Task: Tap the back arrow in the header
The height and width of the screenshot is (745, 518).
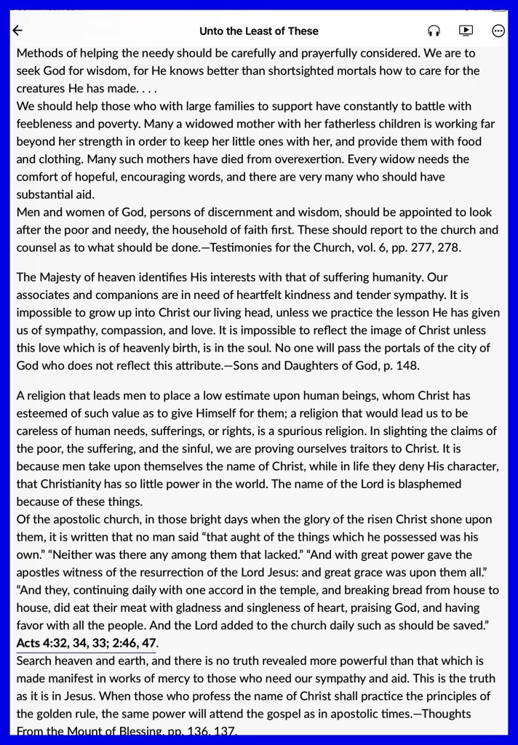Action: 18,31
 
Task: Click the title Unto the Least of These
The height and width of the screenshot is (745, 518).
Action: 259,31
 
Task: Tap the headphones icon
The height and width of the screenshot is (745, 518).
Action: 434,31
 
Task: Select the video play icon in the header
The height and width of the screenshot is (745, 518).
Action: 466,31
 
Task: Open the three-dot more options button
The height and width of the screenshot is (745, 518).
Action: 498,31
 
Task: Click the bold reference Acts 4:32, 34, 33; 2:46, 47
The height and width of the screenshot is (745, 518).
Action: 87,643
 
